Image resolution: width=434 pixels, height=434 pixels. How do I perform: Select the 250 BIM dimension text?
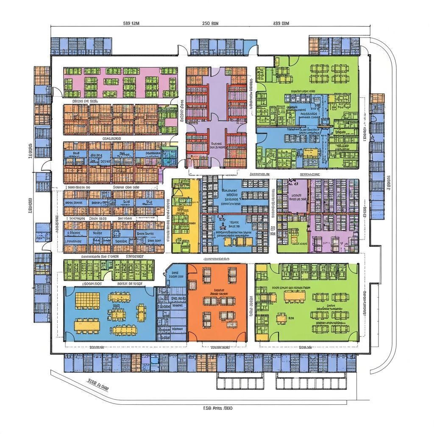(x=211, y=24)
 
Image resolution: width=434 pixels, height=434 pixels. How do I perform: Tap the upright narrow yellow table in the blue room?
(x=141, y=312)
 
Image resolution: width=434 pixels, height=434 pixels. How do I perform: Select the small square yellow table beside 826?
(x=281, y=317)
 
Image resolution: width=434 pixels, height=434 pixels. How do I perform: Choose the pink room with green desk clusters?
(x=120, y=82)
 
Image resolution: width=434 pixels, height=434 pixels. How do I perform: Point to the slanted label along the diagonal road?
(x=98, y=384)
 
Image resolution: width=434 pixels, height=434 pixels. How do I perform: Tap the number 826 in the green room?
(x=291, y=317)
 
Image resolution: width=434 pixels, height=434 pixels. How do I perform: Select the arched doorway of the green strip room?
(x=108, y=276)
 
